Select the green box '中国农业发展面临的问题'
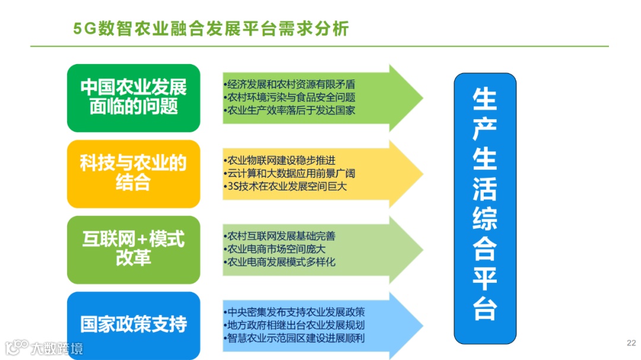click(134, 98)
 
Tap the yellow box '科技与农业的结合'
click(134, 173)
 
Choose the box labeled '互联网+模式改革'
click(134, 249)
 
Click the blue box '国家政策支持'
click(134, 324)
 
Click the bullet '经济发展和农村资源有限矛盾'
click(290, 85)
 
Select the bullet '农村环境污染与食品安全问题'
click(290, 97)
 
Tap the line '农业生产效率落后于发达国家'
click(290, 110)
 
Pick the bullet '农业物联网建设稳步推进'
click(280, 161)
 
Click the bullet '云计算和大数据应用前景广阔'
click(290, 174)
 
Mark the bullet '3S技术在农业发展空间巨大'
click(285, 186)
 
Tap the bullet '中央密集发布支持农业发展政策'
click(294, 312)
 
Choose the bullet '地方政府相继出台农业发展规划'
click(294, 325)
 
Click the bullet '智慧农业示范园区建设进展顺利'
click(294, 338)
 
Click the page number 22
click(631, 343)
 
